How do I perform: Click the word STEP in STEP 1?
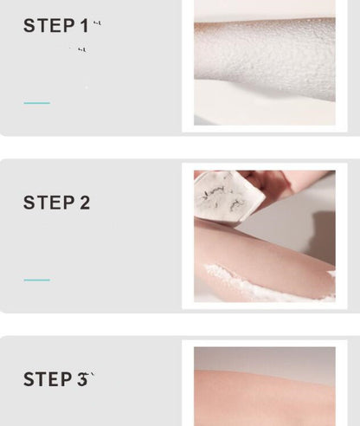pos(49,26)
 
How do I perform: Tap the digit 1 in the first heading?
pos(84,26)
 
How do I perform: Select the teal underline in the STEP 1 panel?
pos(36,103)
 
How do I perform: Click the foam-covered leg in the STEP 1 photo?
pos(268,69)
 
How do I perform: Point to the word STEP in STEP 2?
pos(49,203)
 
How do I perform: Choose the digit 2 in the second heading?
pos(85,203)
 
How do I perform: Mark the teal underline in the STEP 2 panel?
pos(36,280)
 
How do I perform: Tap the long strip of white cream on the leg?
pos(260,281)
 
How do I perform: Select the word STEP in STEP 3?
pos(49,379)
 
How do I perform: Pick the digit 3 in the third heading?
pos(83,379)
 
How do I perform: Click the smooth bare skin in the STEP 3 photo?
pos(264,398)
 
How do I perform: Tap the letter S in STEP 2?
pos(29,203)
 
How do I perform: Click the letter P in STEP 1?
pos(68,26)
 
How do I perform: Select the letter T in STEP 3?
pos(42,379)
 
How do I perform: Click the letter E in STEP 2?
pos(55,203)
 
